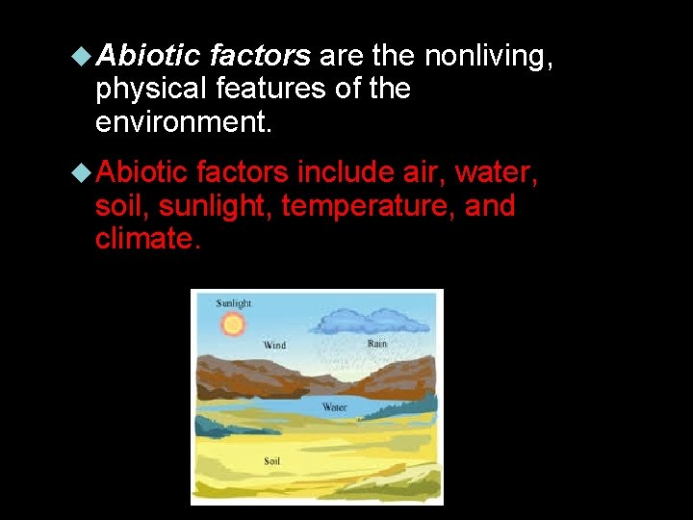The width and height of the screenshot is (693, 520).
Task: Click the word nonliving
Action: coord(488,56)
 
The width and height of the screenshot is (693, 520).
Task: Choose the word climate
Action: coord(147,239)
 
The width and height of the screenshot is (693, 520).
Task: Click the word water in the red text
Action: coord(494,172)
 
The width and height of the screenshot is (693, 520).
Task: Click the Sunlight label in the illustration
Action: coord(234,303)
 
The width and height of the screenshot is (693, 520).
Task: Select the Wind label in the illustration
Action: coord(274,345)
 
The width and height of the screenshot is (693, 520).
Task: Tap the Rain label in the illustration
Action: coord(377,344)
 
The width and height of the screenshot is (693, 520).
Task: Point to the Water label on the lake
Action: coord(334,407)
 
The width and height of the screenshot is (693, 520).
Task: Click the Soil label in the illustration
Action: coord(271,461)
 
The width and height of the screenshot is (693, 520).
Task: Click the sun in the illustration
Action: coord(232,325)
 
